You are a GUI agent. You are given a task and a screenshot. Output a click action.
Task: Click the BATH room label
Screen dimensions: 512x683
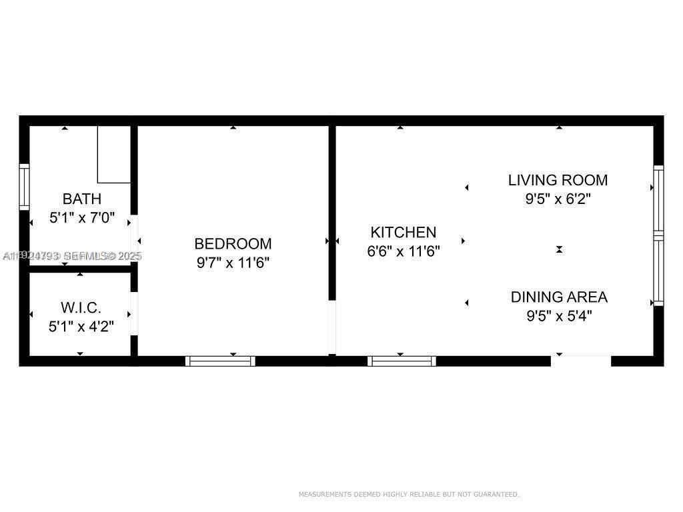click(x=82, y=199)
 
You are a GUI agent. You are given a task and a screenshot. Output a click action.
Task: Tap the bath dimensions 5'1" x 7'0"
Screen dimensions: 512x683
click(x=82, y=218)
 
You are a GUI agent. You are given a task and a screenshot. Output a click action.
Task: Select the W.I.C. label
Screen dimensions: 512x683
click(x=81, y=308)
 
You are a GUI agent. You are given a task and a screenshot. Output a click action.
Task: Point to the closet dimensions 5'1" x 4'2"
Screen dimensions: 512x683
click(x=81, y=327)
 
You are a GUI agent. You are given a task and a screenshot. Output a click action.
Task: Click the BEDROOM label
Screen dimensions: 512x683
click(x=233, y=244)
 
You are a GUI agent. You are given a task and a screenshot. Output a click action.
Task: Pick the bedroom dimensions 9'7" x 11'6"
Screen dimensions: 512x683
click(x=233, y=263)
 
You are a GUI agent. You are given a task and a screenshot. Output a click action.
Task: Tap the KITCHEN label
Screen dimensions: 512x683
click(x=403, y=233)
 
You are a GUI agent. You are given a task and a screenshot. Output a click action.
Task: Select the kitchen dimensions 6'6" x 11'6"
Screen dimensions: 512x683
click(x=403, y=252)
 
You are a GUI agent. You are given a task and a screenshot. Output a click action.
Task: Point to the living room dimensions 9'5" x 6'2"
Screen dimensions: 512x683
click(x=559, y=199)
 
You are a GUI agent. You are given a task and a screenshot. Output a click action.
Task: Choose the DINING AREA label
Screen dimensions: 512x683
click(x=559, y=297)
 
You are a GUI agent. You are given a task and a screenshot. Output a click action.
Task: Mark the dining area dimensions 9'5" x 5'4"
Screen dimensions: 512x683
click(x=559, y=316)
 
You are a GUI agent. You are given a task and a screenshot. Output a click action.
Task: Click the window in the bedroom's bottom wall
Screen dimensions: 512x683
click(x=220, y=361)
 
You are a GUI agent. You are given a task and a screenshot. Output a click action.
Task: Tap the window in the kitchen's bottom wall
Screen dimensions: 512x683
click(x=402, y=361)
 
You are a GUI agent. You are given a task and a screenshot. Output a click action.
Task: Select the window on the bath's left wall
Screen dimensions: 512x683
click(x=25, y=187)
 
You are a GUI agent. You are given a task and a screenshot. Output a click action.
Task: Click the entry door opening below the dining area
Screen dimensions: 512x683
click(x=580, y=361)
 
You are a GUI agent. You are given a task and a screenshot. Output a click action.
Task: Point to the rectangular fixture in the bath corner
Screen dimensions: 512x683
click(x=114, y=154)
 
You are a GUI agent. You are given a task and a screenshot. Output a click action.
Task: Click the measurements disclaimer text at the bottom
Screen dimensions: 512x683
click(x=408, y=495)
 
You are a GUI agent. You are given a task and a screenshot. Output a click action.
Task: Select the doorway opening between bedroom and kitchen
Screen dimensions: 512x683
click(x=331, y=327)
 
